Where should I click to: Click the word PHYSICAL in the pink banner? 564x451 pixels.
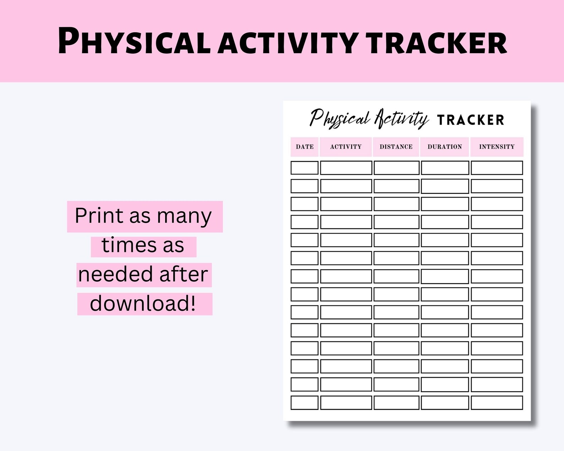click(134, 42)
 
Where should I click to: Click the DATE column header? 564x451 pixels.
click(305, 147)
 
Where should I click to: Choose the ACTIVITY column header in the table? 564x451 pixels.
click(346, 147)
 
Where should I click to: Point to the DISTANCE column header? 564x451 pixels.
click(396, 147)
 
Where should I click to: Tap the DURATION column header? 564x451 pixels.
click(445, 147)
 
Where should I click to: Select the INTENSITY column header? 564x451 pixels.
click(497, 147)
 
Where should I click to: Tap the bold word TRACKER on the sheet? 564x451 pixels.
click(471, 120)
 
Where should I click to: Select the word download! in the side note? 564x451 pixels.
click(143, 304)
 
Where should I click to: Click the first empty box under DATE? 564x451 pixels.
click(304, 168)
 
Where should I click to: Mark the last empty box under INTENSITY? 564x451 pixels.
click(497, 403)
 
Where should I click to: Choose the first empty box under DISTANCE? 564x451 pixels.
click(396, 168)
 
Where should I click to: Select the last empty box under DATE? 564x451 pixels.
click(304, 403)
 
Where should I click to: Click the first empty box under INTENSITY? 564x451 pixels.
click(497, 168)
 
